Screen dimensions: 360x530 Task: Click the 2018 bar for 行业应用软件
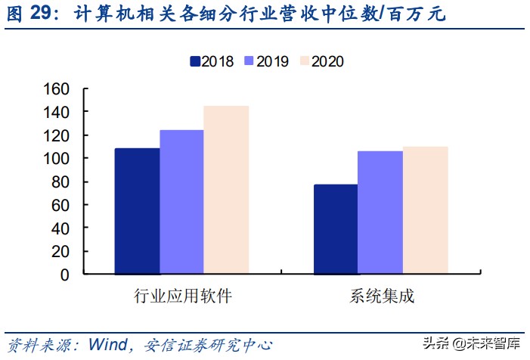point(137,211)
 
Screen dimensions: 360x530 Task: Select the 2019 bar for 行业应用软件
point(181,202)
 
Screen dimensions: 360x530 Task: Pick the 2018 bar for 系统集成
point(336,229)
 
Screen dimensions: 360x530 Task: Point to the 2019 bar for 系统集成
point(380,213)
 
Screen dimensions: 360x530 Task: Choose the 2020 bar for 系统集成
point(425,210)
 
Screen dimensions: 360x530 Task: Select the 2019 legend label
point(272,61)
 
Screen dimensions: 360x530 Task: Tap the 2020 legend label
point(327,61)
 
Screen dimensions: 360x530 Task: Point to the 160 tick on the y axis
point(59,88)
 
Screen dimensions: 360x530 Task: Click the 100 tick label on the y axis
point(59,158)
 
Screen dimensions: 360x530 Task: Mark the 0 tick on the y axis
point(65,274)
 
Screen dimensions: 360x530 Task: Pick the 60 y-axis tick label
point(62,204)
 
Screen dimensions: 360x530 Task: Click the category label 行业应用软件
point(182,296)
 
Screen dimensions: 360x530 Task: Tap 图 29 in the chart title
point(34,14)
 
